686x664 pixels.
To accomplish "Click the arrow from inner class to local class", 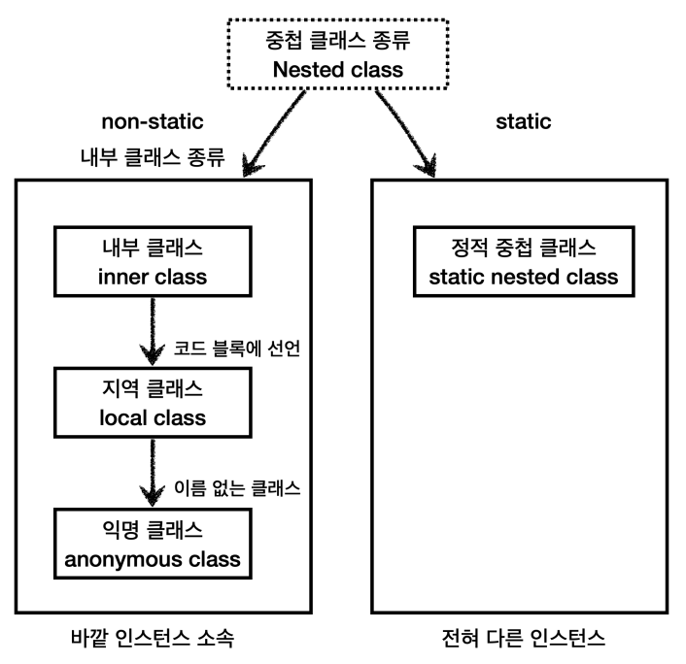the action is (x=153, y=331).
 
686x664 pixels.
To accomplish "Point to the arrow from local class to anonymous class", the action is (x=153, y=473).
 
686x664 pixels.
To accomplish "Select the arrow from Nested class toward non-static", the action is (x=274, y=133).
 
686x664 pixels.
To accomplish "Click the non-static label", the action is (x=153, y=121).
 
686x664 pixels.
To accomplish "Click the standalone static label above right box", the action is (x=524, y=121).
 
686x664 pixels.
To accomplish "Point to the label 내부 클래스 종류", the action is (x=153, y=157).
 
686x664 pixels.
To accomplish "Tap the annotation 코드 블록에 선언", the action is (x=237, y=349).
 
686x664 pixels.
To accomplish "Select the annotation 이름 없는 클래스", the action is (x=237, y=488).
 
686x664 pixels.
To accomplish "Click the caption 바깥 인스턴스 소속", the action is (x=153, y=638).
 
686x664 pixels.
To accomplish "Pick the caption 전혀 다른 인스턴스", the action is (x=524, y=638).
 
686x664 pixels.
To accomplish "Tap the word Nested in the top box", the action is (x=308, y=70).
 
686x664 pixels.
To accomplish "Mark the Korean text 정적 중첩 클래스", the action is (x=524, y=248).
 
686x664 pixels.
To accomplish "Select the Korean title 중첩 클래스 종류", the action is (x=338, y=40).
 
